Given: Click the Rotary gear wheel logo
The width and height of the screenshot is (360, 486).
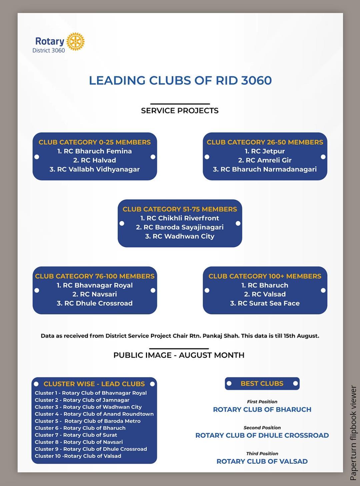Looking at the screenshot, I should [75, 42].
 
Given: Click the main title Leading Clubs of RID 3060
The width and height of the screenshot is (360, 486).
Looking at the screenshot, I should [180, 80].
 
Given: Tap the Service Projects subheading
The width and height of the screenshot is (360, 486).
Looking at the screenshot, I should [180, 111].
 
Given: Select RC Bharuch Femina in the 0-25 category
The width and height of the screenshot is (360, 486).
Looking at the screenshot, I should [95, 151].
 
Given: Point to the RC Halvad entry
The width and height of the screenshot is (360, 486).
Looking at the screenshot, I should [95, 160].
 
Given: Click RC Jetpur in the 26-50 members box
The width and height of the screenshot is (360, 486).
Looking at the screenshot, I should [265, 151].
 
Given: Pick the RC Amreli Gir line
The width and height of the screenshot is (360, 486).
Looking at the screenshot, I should [265, 160].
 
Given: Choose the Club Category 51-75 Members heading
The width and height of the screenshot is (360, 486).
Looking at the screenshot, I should [180, 209].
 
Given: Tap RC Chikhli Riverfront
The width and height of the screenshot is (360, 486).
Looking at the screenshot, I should [180, 218].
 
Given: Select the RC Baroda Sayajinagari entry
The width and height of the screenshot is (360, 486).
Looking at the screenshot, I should [180, 227].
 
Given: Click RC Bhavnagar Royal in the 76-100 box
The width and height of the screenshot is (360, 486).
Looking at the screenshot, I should [95, 285].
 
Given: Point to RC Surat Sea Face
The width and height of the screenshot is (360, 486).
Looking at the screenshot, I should [265, 303].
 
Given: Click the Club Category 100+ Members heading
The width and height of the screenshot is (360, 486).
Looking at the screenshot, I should [265, 276].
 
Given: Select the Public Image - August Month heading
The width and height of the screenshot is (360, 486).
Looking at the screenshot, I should [179, 355].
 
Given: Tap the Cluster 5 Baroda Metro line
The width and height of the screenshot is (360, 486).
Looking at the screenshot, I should [88, 421].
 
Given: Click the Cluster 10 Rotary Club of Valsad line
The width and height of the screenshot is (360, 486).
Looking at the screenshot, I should [78, 456].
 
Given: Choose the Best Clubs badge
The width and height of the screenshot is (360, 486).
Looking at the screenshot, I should [262, 384].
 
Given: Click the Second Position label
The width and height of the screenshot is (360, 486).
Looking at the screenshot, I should [262, 428].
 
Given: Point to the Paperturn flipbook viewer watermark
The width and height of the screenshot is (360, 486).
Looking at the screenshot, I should [353, 433].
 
